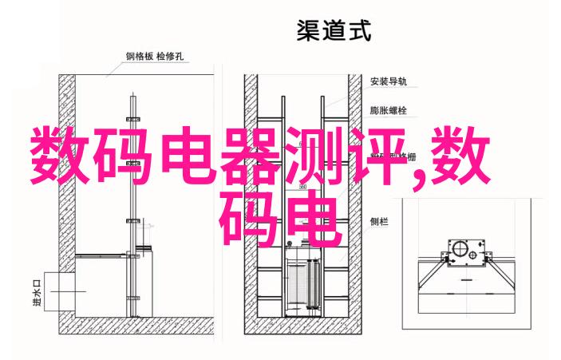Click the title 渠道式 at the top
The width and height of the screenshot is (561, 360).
click(335, 32)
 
